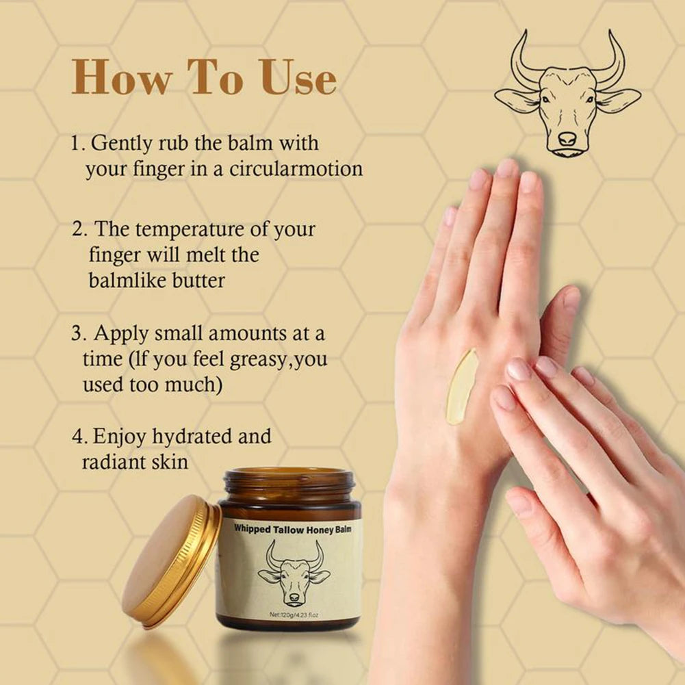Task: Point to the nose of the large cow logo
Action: click(x=567, y=139)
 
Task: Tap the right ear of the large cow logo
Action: click(x=619, y=100)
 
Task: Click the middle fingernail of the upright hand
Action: click(x=507, y=168)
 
